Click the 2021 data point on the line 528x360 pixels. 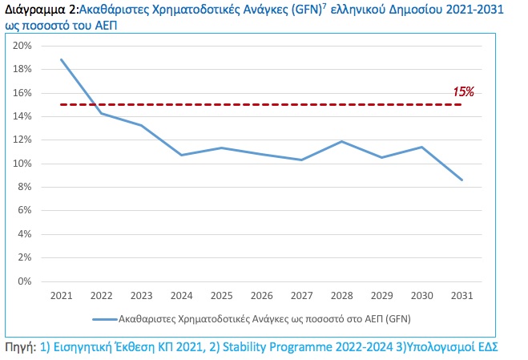coord(61,59)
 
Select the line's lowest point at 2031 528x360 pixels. coord(461,180)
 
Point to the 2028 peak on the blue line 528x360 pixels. coord(341,142)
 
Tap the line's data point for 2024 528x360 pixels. coord(181,155)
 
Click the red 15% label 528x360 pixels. coord(463,91)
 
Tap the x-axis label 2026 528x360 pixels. coord(261,296)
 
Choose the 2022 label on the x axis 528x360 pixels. coord(101,296)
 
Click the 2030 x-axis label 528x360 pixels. coord(421,296)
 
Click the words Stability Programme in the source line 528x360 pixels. coord(264,347)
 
